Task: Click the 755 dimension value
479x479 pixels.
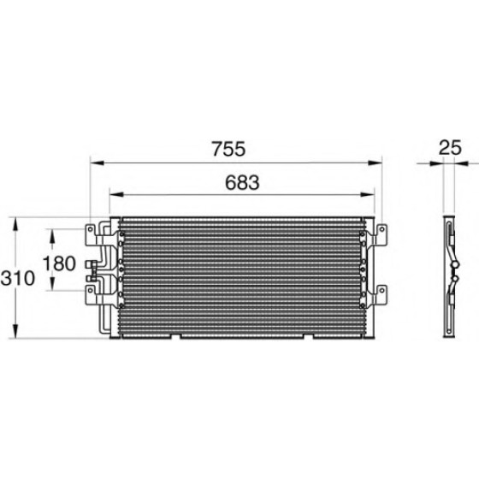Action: [229, 149]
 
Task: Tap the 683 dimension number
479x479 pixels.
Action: [242, 182]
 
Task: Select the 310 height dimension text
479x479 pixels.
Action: [18, 278]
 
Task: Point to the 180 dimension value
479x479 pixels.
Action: [59, 263]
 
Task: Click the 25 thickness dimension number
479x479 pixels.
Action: [450, 148]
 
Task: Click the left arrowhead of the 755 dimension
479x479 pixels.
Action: [98, 163]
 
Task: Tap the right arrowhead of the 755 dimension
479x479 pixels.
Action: [376, 163]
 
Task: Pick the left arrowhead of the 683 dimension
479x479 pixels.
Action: [116, 195]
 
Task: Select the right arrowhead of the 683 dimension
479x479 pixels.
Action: [367, 195]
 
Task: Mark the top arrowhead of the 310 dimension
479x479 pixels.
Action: [15, 224]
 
